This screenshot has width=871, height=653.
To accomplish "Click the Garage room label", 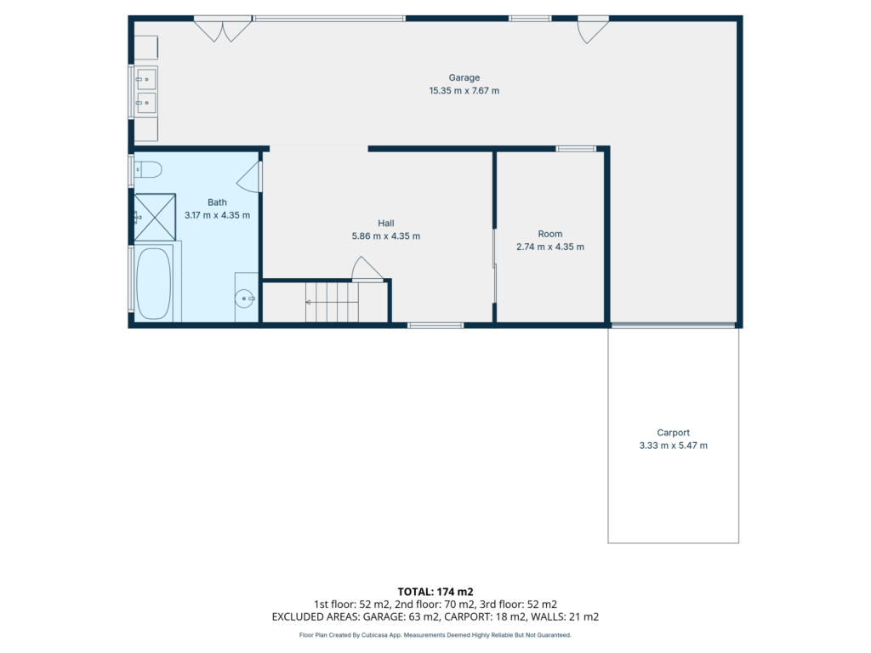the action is [464, 77].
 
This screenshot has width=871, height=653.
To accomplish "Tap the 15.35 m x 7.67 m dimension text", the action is [464, 90].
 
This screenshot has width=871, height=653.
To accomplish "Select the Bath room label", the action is [217, 202].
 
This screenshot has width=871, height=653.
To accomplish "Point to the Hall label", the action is [386, 224].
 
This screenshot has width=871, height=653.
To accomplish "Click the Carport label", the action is [674, 433].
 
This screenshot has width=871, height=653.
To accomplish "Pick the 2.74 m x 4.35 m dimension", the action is [550, 247].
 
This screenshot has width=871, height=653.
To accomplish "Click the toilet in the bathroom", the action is [148, 169].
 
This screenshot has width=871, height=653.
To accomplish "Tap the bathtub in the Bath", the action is [154, 283].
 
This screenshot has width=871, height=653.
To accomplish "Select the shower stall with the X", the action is [155, 217].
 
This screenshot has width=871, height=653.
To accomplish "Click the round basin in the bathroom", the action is [244, 298].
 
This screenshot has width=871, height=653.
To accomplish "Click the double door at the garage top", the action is [223, 29].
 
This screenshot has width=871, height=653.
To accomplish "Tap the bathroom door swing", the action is [250, 177].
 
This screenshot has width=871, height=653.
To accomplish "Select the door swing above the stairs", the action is [367, 269].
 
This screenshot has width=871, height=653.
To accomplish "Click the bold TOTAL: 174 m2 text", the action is [435, 592].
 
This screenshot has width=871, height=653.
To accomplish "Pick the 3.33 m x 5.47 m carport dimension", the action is [674, 446].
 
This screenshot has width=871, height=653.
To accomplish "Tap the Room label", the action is [550, 235].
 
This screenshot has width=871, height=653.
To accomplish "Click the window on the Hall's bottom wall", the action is [436, 326].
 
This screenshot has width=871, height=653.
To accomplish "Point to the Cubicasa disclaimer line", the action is [435, 634].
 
